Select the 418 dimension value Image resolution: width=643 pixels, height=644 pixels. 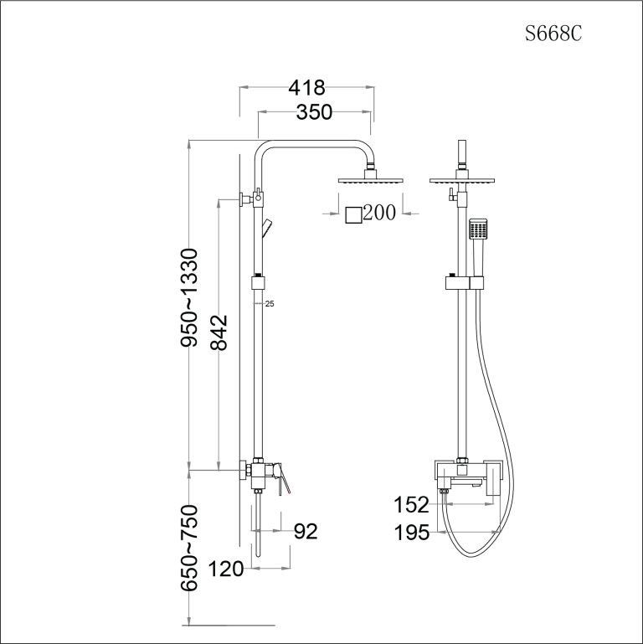pos(306,87)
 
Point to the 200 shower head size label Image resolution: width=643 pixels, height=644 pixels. pos(379,214)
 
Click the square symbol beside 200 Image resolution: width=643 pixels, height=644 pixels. pos(354,214)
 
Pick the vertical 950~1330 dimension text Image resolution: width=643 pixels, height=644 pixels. pos(190,297)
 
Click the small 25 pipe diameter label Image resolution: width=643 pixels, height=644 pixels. pos(269,304)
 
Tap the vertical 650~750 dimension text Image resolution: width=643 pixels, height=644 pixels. pos(190,549)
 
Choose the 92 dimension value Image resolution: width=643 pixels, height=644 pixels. pos(306,532)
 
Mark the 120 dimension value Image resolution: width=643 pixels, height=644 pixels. pos(227,570)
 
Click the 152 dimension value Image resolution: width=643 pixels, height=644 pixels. pos(412,505)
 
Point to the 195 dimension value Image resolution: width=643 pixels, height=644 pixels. pos(412,532)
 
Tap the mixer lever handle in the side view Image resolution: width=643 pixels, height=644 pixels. pos(283,484)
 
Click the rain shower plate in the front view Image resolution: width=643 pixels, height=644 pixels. pos(462,180)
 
